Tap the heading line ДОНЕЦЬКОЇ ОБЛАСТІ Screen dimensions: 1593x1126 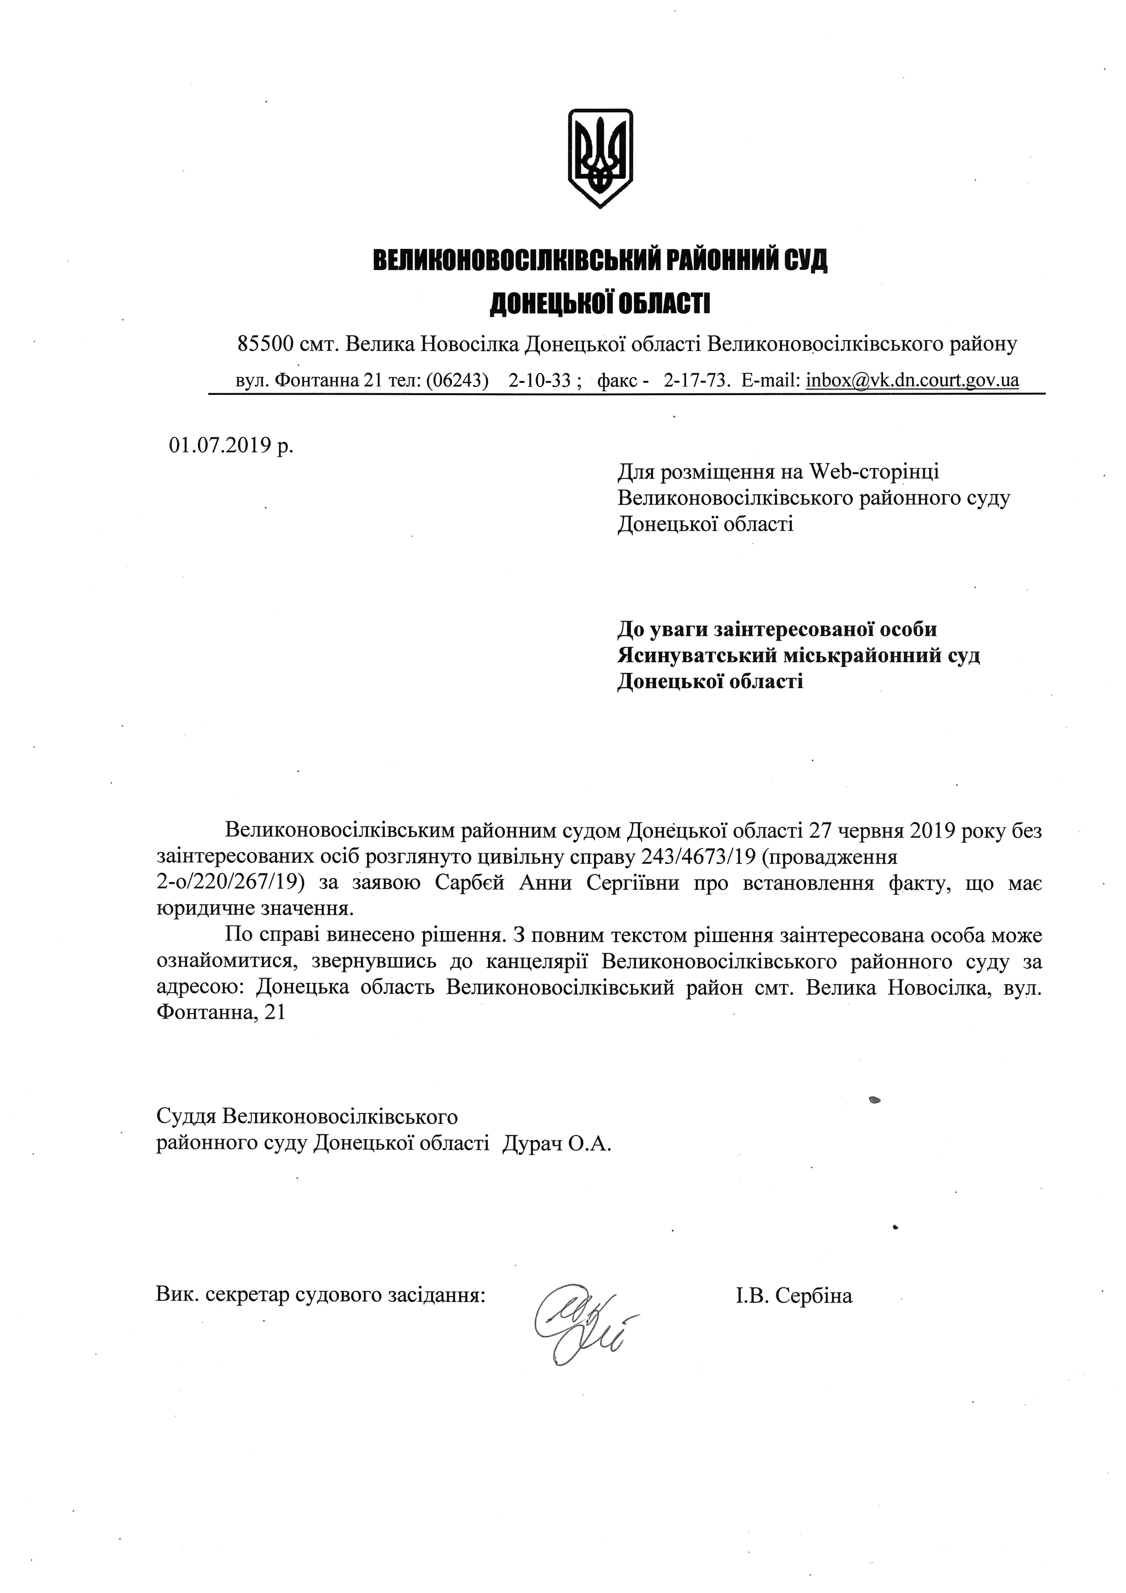pos(600,303)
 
